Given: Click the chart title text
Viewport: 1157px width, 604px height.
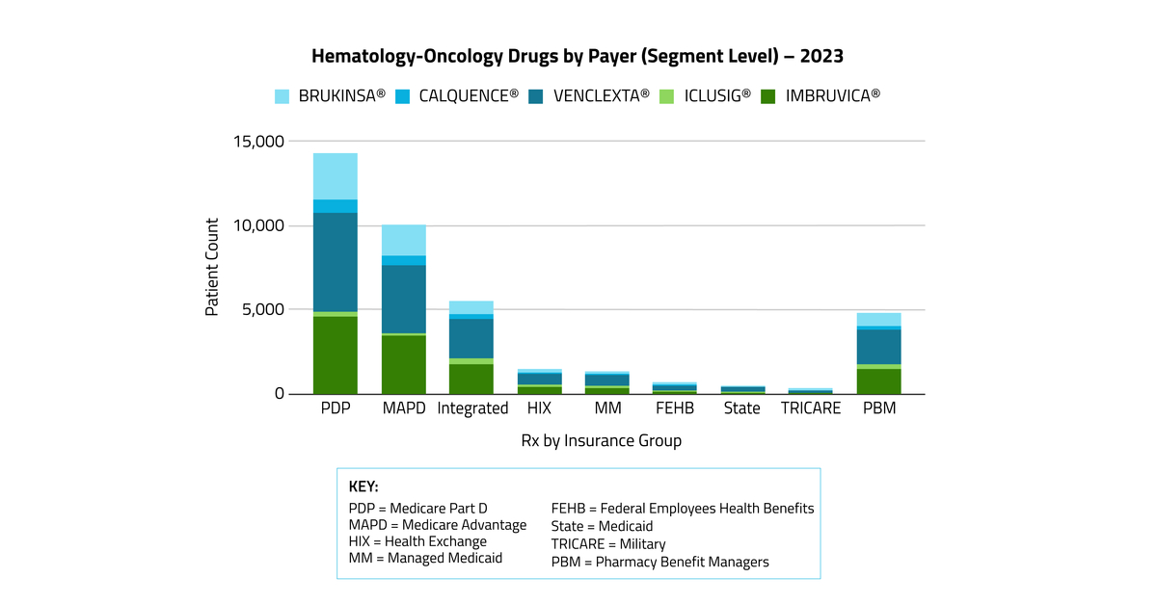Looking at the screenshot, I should coord(578,56).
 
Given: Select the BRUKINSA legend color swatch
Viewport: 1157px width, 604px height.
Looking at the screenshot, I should coord(283,96).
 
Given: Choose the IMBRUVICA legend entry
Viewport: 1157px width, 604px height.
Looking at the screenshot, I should coord(821,96).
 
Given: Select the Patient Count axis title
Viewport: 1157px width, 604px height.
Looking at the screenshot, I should coord(212,267).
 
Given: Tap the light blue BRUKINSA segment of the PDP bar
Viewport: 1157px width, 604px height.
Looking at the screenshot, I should coord(335,176).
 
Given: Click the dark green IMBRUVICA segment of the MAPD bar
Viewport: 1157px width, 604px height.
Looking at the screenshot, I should coord(403,364).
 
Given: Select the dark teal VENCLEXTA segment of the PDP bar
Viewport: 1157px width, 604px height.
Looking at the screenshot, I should coord(335,262).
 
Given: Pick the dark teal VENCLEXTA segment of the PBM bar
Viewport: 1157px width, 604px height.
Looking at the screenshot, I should coord(878,347).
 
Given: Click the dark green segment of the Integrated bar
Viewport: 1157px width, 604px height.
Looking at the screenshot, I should coord(471,379).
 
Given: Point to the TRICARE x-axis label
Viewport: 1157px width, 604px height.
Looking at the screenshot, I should coord(811,408).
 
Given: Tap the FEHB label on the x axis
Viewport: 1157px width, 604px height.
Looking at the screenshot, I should coord(674,408).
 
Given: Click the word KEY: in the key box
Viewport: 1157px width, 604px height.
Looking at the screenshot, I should coord(363,486).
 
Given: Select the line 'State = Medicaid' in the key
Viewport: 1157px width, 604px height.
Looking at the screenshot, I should coord(602,526).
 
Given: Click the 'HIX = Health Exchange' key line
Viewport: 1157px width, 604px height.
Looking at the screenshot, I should coord(417,541).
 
